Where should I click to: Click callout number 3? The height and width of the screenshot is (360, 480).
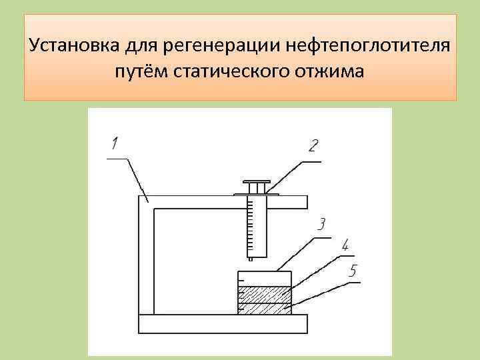tap(321, 225)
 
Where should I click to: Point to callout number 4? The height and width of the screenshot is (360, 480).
tap(345, 245)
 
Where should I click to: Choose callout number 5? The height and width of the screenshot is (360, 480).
tap(353, 271)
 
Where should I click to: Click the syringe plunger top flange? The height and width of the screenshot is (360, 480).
tap(257, 182)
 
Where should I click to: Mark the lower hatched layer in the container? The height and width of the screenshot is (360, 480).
tap(265, 308)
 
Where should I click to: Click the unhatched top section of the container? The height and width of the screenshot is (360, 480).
tap(265, 279)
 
